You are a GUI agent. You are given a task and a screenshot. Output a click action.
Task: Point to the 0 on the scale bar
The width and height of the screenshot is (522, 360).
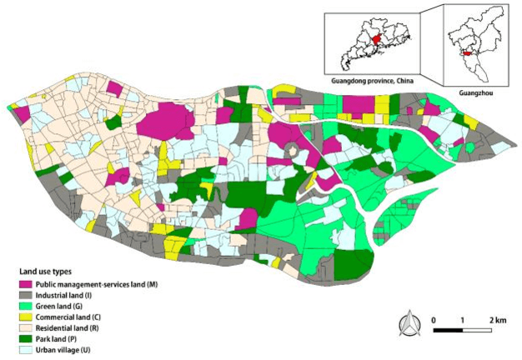click(433, 320)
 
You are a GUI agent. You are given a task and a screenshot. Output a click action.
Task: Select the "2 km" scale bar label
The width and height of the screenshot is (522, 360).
click(499, 320)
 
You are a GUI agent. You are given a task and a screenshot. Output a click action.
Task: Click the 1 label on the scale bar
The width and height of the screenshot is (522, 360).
click(463, 320)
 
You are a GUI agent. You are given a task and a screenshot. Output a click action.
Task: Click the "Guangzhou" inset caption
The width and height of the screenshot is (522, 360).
click(476, 93)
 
